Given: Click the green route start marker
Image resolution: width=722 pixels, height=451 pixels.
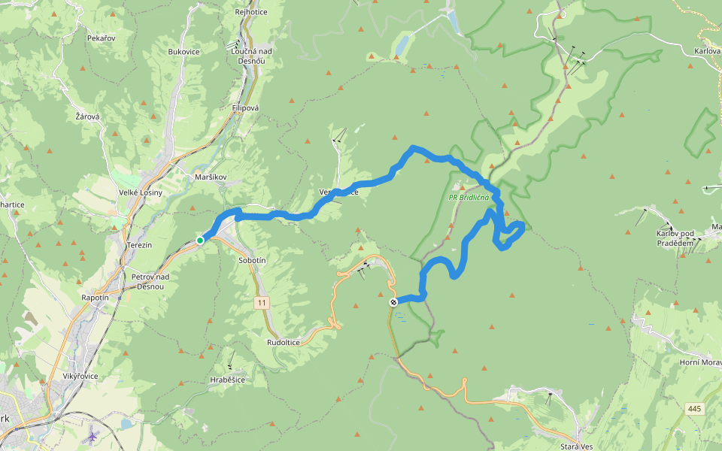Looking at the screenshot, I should [200, 241].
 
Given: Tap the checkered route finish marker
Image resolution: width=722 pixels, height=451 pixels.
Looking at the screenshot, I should [393, 302].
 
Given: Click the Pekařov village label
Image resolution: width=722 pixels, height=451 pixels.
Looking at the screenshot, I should [100, 37].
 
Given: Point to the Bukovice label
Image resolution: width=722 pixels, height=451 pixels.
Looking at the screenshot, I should [184, 52].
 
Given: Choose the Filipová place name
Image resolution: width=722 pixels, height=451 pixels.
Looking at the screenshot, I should [245, 108].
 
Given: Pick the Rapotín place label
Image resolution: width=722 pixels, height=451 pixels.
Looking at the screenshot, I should [95, 298].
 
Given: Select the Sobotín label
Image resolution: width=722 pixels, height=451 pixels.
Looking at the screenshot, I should [252, 259].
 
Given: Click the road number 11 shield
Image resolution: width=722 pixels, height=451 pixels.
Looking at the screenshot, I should [261, 303].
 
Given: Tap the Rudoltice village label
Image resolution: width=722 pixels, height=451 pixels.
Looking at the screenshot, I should [284, 342].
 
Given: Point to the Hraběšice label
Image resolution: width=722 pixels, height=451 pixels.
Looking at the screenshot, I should [227, 380].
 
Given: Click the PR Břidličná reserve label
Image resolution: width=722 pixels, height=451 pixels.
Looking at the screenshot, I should [469, 198].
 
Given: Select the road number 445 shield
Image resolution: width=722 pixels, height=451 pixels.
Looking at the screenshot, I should [695, 408].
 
